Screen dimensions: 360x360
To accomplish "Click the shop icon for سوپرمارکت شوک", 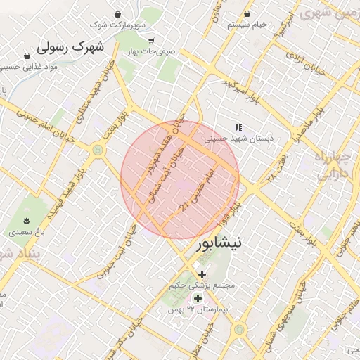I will click(x=117, y=15).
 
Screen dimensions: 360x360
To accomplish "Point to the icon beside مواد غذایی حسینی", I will click(x=27, y=56).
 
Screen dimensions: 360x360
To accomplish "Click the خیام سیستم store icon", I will click(x=247, y=14).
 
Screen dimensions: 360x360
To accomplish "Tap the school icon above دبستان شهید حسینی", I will click(x=238, y=127).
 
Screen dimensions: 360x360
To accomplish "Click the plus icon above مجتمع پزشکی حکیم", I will click(x=202, y=274).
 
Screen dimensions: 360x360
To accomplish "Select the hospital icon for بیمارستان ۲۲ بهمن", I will click(x=198, y=298).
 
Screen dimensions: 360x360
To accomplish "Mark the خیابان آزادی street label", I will click(x=304, y=65).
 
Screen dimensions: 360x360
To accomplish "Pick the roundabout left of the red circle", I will click(x=97, y=149).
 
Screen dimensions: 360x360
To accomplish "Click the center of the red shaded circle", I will click(x=180, y=180).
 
